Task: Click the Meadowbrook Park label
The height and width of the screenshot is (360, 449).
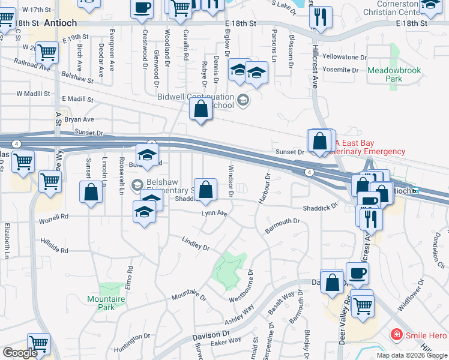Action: point(394,74)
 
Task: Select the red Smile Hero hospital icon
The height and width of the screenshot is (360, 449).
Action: point(396,335)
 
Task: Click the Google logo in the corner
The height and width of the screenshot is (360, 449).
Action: point(20,353)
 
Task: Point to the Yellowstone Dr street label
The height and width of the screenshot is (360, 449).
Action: point(345,58)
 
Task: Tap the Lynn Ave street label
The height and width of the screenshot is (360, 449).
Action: point(214,213)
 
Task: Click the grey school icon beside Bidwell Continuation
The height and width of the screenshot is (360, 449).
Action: point(243,100)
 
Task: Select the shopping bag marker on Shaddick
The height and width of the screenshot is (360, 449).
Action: point(205,190)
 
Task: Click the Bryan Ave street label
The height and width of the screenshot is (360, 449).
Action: point(79,120)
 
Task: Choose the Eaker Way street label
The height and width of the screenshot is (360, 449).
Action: point(226,340)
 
